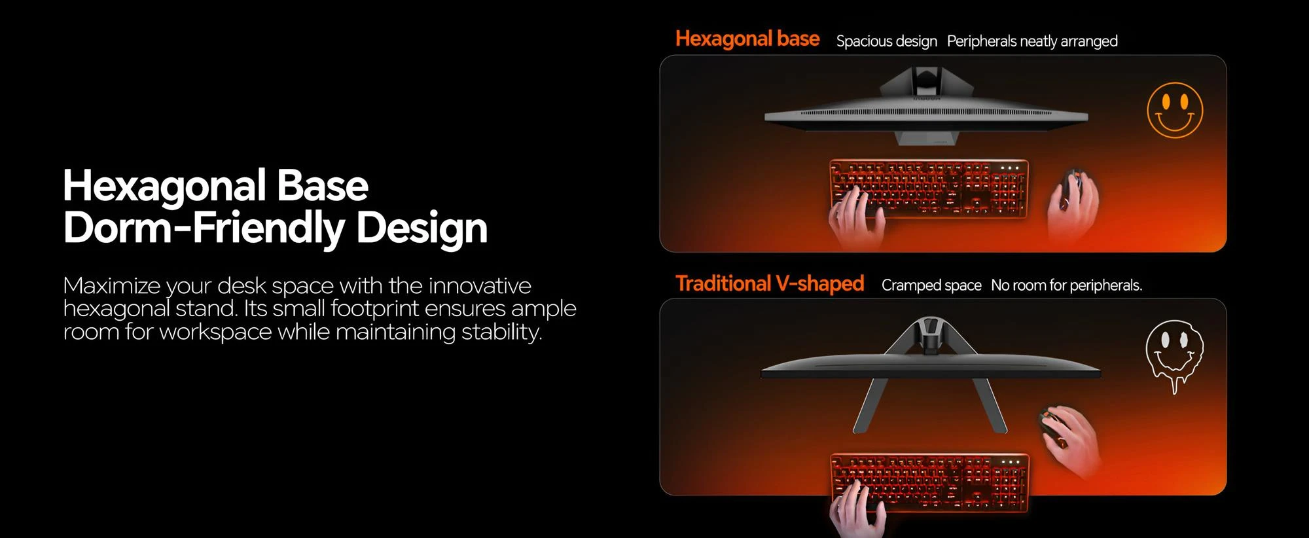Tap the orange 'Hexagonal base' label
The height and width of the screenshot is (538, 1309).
point(747,39)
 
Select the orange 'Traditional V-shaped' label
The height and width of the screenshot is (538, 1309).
point(770,283)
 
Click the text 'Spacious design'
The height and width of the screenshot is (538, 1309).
point(887,41)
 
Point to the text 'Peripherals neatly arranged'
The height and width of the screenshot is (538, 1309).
point(1032,41)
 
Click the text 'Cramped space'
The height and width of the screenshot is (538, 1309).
point(931,285)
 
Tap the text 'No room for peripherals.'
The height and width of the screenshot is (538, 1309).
point(1066,285)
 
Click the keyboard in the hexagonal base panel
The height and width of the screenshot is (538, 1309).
point(929,189)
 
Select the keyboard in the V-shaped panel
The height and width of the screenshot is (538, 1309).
point(929,482)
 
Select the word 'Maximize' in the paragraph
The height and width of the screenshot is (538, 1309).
point(112,286)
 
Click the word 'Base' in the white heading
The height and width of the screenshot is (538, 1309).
point(323,186)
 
